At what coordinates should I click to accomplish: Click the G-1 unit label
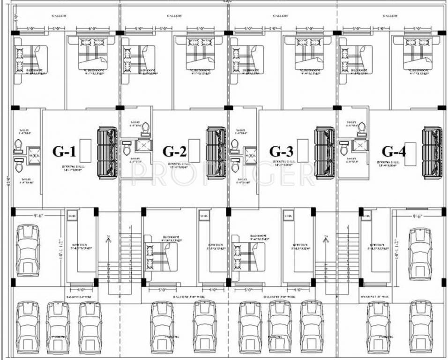[64, 151]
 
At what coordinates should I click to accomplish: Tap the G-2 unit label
[174, 151]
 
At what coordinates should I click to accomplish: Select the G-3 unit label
[281, 151]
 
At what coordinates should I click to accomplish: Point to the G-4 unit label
[393, 151]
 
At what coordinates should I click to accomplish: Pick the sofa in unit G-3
[324, 153]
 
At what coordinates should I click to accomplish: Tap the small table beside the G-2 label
[194, 150]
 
